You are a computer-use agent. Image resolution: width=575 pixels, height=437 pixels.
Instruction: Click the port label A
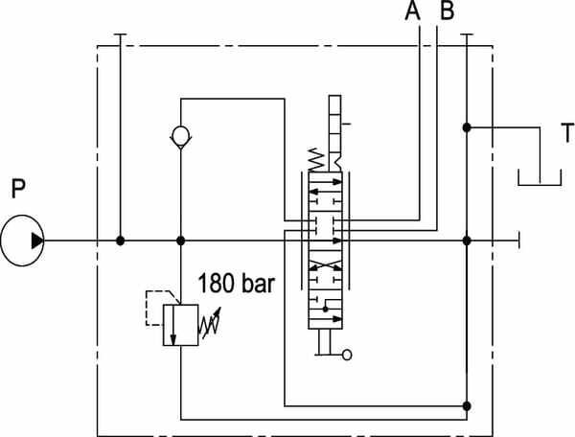(x=412, y=10)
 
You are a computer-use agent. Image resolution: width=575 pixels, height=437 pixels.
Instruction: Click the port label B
(x=447, y=10)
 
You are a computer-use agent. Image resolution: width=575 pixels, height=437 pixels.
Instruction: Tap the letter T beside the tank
(x=567, y=132)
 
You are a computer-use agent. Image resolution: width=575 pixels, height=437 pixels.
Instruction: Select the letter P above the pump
(x=18, y=188)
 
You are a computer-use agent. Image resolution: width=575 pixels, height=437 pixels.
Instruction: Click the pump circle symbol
(x=22, y=216)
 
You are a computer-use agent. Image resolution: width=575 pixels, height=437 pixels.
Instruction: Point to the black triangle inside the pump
(x=37, y=241)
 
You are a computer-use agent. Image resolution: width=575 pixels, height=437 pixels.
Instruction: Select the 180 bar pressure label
(x=236, y=283)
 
